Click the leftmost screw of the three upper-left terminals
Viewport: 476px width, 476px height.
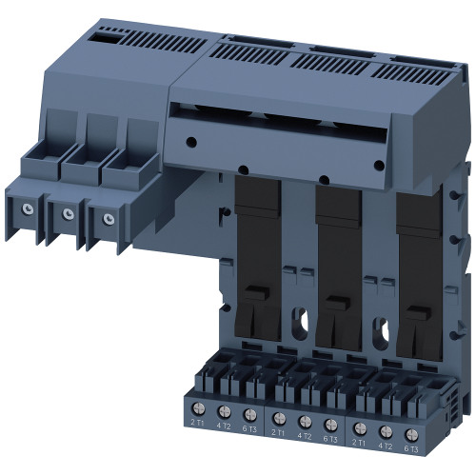click(30, 208)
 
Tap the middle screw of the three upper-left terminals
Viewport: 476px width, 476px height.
click(68, 213)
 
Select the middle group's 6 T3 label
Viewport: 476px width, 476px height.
click(329, 437)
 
